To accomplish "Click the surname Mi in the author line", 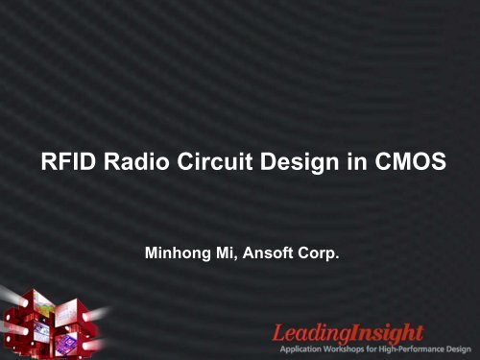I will (220, 256).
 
